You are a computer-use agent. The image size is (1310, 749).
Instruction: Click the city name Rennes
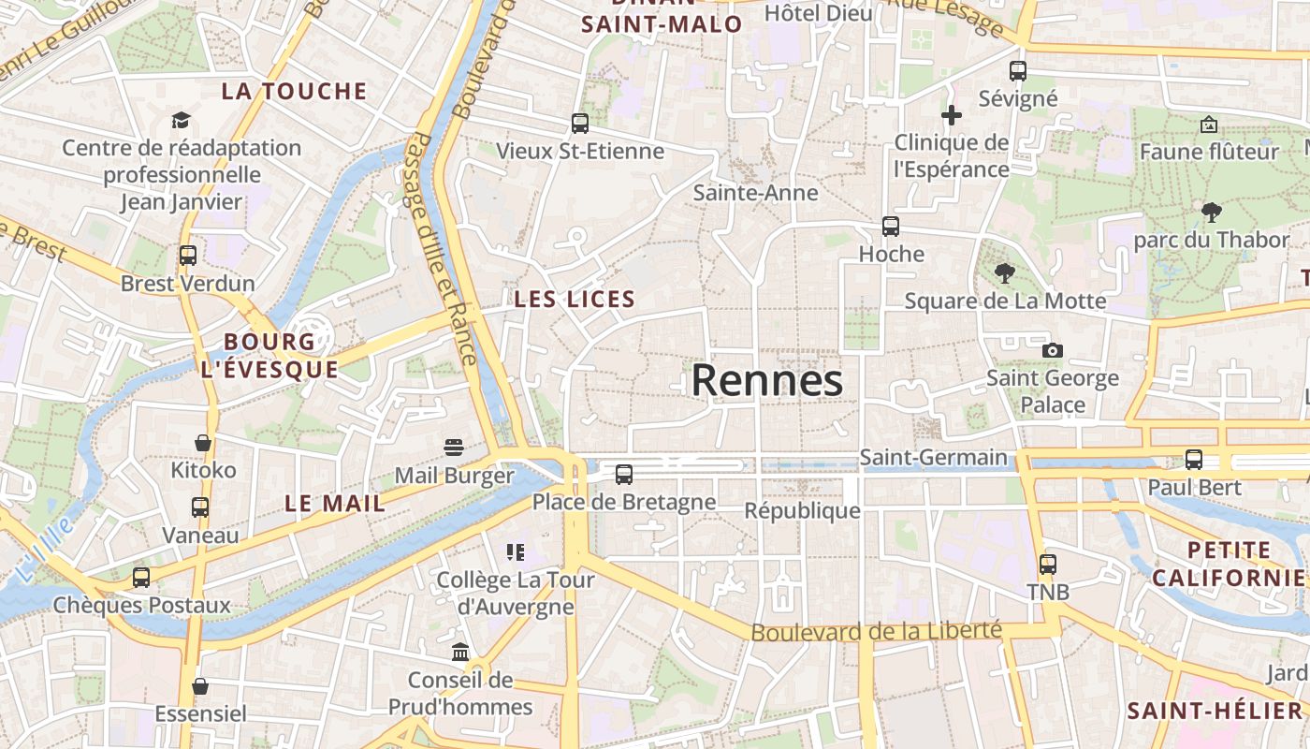[767, 381]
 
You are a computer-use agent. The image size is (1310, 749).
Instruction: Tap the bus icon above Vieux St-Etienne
[580, 123]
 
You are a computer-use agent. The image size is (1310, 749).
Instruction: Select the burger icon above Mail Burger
[454, 448]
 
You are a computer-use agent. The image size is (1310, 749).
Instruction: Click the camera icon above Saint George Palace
[1053, 350]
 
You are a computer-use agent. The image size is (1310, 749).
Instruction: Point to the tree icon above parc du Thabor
[1212, 213]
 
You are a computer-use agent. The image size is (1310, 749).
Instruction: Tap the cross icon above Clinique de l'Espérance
[952, 115]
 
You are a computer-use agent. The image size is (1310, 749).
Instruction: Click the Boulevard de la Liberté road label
[876, 631]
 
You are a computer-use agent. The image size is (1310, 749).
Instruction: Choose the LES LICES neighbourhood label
[575, 300]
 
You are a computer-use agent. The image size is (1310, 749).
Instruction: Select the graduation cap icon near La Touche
[181, 120]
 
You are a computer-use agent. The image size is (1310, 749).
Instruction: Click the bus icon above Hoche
[891, 226]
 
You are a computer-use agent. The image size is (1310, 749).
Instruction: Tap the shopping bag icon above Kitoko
[203, 442]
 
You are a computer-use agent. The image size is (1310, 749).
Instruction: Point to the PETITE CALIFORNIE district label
[1229, 564]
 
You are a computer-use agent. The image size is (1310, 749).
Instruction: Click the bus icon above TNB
[1048, 565]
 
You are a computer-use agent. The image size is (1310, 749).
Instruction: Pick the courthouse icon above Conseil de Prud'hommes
[460, 652]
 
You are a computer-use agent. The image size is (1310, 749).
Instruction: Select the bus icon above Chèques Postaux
[141, 577]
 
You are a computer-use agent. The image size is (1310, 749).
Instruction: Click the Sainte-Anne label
[755, 193]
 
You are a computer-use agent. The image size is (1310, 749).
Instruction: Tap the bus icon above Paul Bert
[1194, 460]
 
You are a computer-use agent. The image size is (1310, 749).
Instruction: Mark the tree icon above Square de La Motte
[1005, 273]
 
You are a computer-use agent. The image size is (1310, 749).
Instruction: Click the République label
[802, 510]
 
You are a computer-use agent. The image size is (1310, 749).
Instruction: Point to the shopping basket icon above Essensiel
[200, 686]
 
